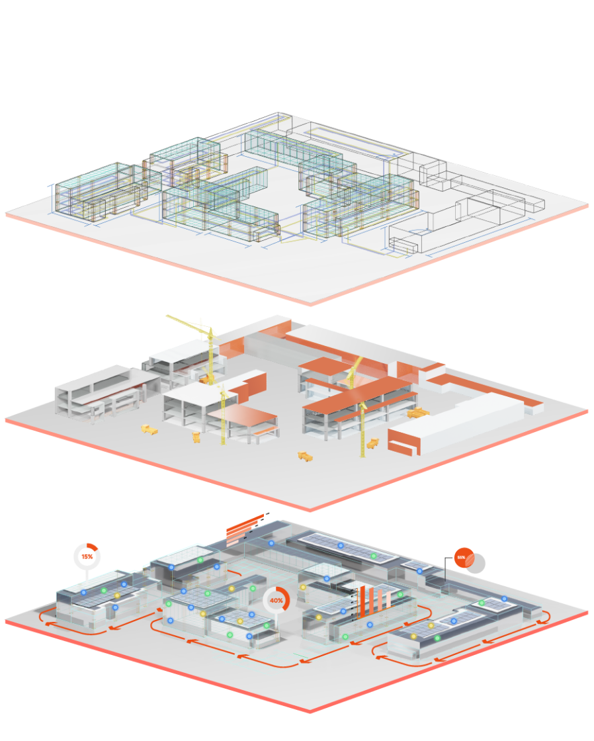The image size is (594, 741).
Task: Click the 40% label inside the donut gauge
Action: point(276,601)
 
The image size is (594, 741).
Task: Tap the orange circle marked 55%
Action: point(462,558)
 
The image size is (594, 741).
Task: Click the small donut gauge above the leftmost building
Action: point(87,556)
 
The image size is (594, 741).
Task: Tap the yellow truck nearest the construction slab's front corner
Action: point(305,455)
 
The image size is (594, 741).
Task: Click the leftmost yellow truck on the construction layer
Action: point(149,430)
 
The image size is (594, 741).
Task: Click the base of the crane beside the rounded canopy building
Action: point(223,442)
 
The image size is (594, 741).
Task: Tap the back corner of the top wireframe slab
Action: point(279,112)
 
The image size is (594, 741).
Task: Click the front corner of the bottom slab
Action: point(310,711)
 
